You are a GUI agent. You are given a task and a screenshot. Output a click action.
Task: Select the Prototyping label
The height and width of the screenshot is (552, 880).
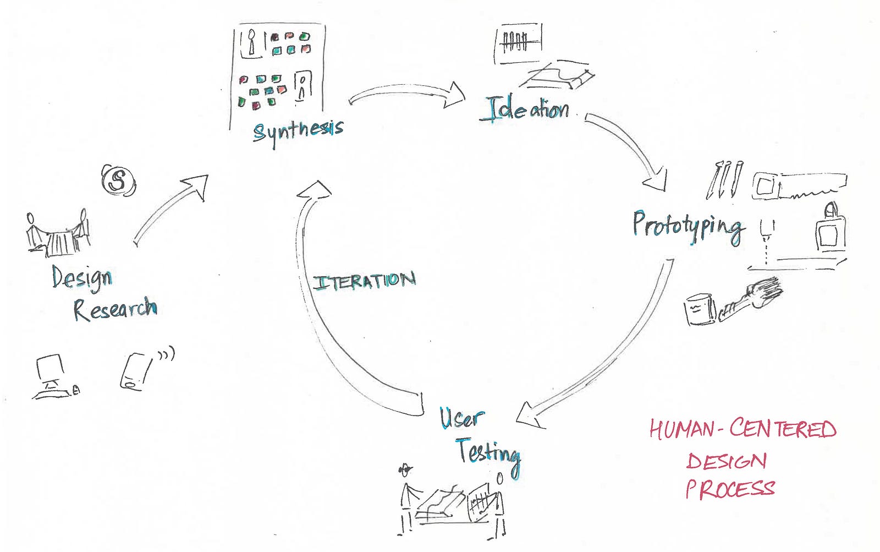(688, 226)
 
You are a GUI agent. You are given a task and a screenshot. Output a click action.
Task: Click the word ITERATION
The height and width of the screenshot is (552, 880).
(364, 282)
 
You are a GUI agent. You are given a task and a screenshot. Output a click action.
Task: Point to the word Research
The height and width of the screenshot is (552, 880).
(115, 309)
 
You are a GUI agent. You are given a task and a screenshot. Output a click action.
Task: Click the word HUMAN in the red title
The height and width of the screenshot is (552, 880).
(681, 429)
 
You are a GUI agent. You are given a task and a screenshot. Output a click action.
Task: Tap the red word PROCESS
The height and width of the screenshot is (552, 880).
(730, 489)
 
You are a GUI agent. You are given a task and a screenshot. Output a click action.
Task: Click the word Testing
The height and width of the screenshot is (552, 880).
(488, 453)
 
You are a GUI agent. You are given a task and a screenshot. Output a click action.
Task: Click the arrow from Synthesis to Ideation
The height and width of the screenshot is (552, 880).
(407, 95)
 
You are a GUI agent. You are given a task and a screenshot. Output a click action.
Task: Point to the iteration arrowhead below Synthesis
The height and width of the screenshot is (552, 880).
(314, 190)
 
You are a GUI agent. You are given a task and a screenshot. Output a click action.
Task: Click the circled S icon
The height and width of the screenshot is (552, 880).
(118, 180)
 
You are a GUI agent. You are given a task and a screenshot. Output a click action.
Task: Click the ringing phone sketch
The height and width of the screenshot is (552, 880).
(135, 371)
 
